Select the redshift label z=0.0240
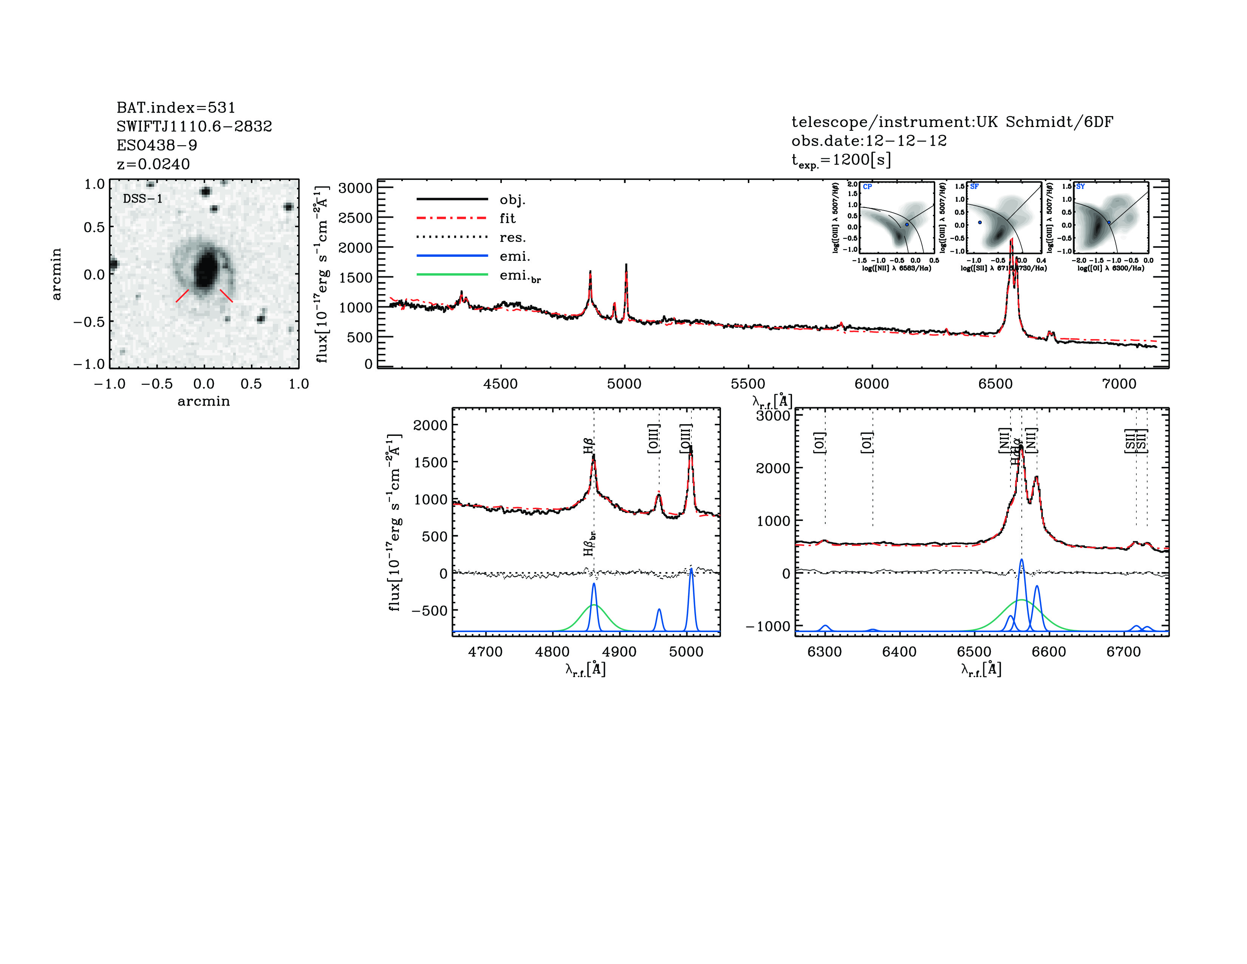tap(153, 164)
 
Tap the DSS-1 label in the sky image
tap(143, 199)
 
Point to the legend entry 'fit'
tap(507, 218)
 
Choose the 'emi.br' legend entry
tap(520, 276)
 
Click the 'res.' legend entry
tap(512, 237)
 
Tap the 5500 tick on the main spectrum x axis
tap(748, 384)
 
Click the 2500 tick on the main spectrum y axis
tap(355, 218)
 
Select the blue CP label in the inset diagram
tap(867, 187)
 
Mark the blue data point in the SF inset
tap(980, 223)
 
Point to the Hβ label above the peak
tap(589, 445)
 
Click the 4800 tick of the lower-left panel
tap(552, 652)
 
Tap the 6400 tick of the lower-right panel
tap(899, 652)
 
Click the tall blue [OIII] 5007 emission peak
tap(691, 569)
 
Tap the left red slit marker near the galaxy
tap(182, 295)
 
